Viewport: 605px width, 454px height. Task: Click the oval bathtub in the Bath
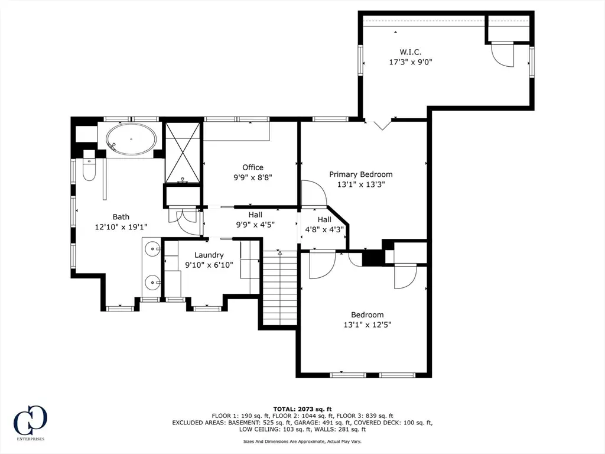coord(132,139)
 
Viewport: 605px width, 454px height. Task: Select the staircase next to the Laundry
coord(280,288)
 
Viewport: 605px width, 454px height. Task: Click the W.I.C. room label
coord(410,52)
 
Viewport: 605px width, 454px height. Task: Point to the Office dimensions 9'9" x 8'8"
coord(253,177)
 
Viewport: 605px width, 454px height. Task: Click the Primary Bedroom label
coord(361,174)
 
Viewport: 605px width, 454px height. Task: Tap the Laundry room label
coord(209,255)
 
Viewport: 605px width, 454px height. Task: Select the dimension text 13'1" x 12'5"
coord(367,325)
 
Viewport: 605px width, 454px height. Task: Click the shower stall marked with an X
coord(183,153)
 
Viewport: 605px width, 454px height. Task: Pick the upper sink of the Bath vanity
coord(154,249)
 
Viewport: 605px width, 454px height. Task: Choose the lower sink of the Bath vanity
coord(154,283)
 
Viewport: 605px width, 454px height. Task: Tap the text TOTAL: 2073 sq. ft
coord(302,409)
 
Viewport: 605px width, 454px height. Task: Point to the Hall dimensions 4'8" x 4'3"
coord(324,230)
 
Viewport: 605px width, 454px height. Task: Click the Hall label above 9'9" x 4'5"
coord(255,215)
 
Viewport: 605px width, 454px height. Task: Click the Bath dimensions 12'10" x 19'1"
coord(121,227)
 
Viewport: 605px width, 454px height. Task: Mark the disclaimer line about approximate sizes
coord(302,441)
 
